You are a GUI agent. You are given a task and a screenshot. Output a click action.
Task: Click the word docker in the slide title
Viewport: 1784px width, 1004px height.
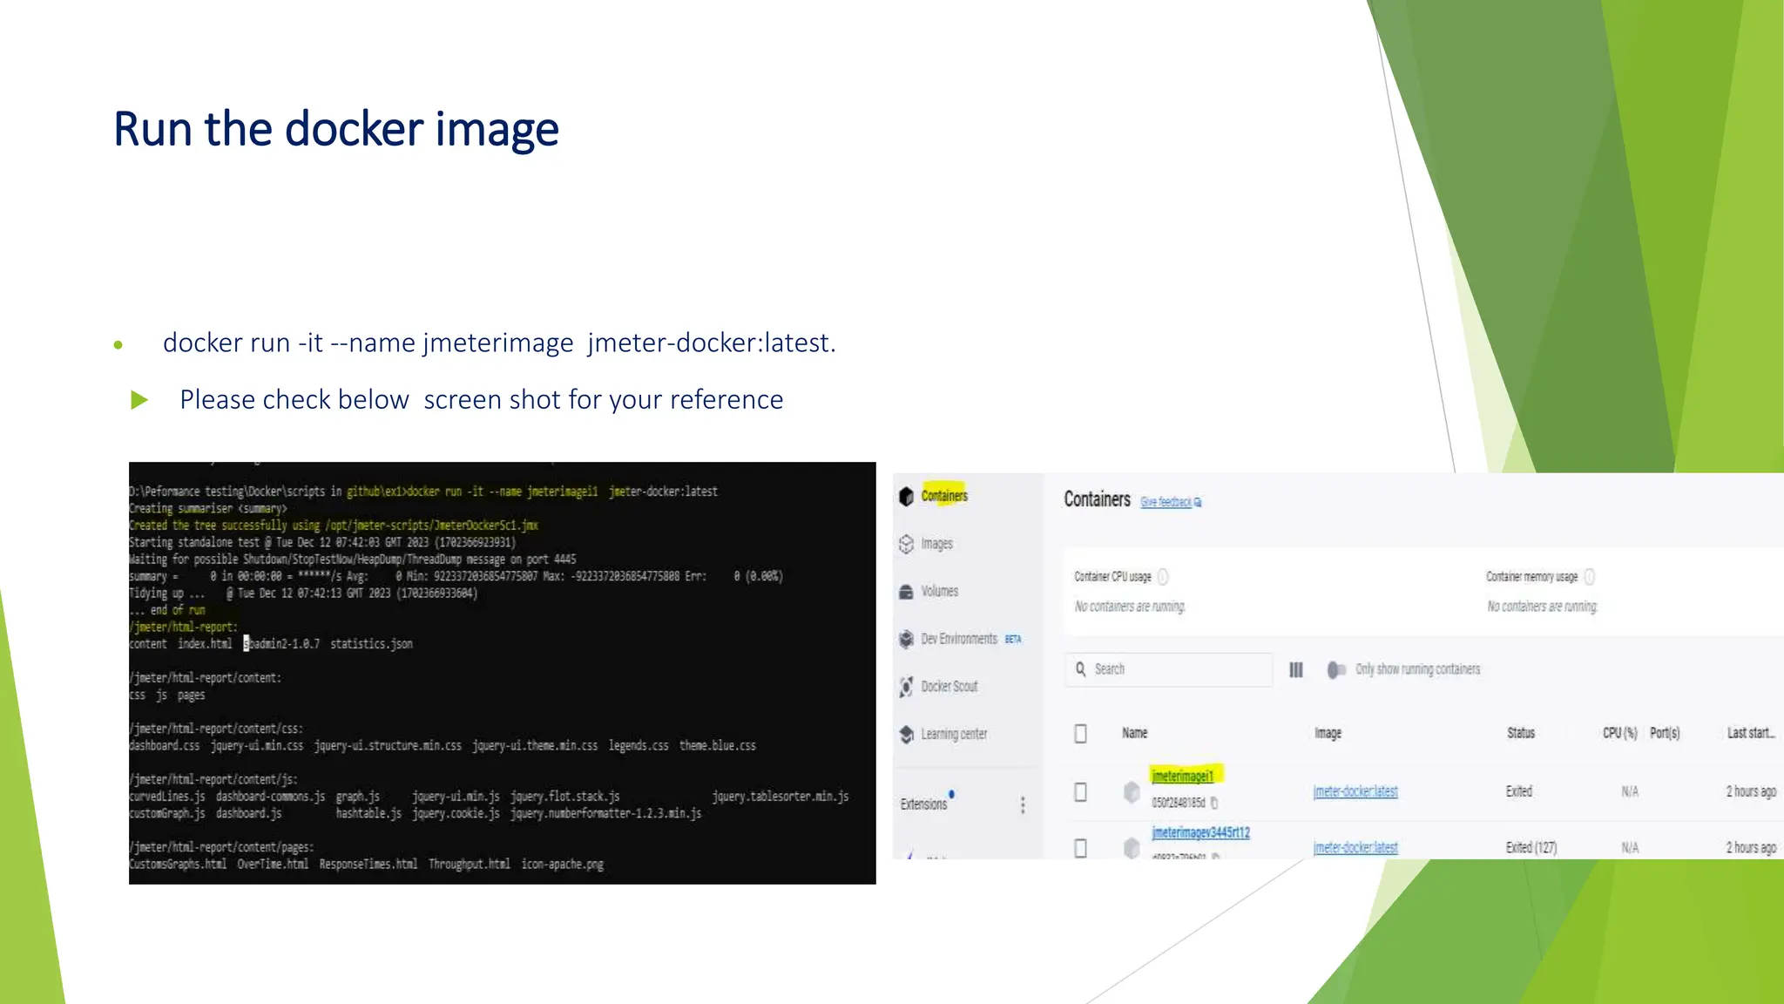coord(355,129)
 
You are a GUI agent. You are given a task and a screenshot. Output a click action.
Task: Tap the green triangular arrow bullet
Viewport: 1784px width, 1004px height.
coord(139,400)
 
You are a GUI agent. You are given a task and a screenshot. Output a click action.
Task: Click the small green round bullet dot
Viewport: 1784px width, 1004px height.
coord(118,345)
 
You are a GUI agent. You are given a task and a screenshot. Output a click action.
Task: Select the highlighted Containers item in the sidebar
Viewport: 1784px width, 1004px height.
coord(944,496)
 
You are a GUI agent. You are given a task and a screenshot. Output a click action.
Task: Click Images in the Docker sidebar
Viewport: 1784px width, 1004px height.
coord(936,544)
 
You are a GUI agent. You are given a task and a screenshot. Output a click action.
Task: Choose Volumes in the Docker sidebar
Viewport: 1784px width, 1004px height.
coord(939,591)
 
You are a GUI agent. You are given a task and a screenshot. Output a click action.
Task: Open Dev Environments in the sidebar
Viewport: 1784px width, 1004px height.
coord(958,639)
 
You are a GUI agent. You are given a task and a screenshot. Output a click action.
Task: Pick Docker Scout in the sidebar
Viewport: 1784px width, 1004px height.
coord(949,687)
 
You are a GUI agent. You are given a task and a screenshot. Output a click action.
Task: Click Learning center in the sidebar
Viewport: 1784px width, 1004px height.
coord(954,734)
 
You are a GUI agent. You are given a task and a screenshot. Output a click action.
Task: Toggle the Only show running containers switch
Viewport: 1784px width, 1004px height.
coord(1336,669)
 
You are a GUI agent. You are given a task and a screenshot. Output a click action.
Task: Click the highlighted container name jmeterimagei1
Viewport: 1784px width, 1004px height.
coord(1182,776)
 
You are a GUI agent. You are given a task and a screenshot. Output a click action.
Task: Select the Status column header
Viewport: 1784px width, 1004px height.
coord(1521,733)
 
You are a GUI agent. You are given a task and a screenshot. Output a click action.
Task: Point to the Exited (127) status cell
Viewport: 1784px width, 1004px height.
coord(1531,847)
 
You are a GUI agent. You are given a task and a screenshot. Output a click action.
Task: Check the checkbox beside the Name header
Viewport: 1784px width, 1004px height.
coord(1080,734)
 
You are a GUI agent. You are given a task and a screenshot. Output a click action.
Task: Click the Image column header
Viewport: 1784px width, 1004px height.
coord(1328,733)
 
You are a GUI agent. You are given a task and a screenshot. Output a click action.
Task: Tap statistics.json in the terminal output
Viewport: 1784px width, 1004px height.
coord(371,644)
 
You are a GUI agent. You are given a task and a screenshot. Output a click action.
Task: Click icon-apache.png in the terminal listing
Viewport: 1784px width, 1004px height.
coord(562,865)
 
